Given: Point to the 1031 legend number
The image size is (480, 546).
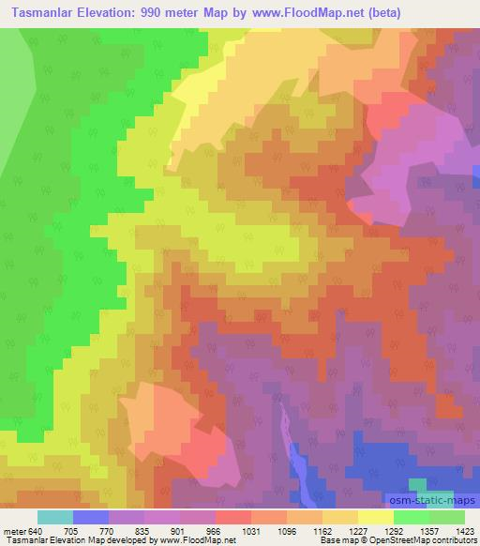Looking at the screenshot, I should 250,530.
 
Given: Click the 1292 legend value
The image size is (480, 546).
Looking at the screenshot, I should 393,530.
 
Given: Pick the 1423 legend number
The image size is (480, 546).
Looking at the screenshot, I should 464,530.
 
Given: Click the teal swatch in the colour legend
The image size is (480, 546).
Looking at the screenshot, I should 54,517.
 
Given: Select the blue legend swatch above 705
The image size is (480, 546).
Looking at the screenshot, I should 91,517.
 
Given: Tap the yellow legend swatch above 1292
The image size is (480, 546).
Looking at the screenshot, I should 375,517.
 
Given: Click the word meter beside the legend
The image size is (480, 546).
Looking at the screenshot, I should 14,530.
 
